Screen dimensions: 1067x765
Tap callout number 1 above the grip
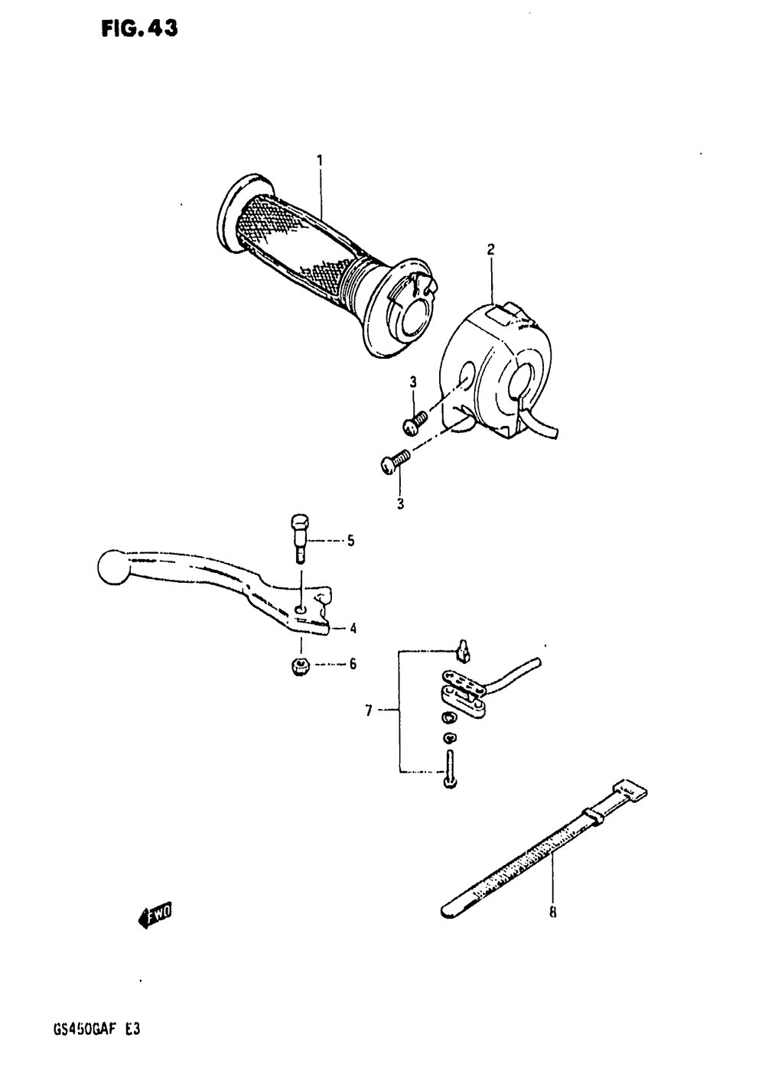pyautogui.click(x=320, y=160)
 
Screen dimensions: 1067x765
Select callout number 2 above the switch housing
pyautogui.click(x=491, y=249)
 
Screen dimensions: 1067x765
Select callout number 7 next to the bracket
pyautogui.click(x=369, y=711)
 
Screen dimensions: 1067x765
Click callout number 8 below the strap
pyautogui.click(x=552, y=912)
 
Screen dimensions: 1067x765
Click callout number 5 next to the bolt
pyautogui.click(x=350, y=542)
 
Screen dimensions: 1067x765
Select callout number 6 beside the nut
pyautogui.click(x=353, y=664)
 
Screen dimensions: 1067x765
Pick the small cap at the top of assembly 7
pyautogui.click(x=464, y=651)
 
